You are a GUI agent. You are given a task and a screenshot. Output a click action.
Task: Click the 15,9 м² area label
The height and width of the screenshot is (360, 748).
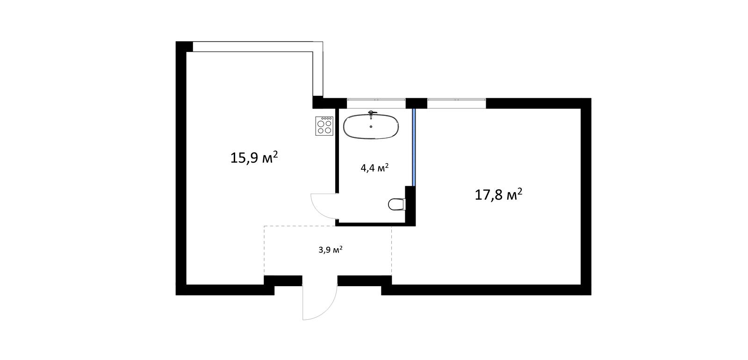[254, 157]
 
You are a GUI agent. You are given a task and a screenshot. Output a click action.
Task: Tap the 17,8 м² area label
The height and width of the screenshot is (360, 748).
[498, 194]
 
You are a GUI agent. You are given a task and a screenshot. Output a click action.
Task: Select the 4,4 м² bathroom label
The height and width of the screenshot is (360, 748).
[374, 168]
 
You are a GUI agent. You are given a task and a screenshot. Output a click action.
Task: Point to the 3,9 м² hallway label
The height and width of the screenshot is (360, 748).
[331, 250]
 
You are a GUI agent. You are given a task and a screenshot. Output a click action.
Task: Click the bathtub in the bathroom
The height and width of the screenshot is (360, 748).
[371, 127]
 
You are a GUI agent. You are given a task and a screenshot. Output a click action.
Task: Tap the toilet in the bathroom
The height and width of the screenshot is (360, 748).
[397, 204]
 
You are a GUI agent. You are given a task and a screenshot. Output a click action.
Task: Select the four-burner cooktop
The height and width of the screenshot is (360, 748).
[324, 126]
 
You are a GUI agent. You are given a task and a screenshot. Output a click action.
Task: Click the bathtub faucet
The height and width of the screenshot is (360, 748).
[371, 115]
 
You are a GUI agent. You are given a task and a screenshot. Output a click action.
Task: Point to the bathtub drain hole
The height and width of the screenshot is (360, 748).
[371, 127]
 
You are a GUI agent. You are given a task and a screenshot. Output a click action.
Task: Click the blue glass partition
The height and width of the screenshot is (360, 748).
[413, 147]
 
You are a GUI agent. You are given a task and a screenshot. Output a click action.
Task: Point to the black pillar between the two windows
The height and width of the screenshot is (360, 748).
[417, 103]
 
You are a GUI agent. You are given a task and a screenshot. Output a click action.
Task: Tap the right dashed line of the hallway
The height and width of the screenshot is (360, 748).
[392, 251]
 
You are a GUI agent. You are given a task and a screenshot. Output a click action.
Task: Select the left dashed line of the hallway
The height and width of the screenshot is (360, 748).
[264, 251]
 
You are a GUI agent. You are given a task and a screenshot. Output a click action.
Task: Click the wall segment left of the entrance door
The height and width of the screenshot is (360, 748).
[283, 281]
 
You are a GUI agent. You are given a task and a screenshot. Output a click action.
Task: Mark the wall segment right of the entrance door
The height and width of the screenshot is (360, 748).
[365, 281]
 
